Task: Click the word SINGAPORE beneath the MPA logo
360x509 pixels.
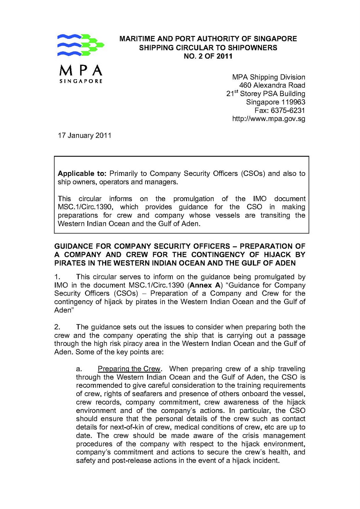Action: coord(81,81)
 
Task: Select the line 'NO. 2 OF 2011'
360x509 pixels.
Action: coord(208,56)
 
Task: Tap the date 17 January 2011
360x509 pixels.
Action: coord(84,136)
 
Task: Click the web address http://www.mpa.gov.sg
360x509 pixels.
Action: coord(269,119)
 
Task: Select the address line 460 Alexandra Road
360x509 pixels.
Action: coord(272,85)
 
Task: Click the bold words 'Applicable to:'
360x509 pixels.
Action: coord(81,174)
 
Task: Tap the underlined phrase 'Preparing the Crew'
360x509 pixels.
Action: coord(129,369)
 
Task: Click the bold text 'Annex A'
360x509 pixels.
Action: coord(205,285)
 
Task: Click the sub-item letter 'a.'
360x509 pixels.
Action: coord(79,369)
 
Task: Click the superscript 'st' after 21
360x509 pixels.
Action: coord(236,92)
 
